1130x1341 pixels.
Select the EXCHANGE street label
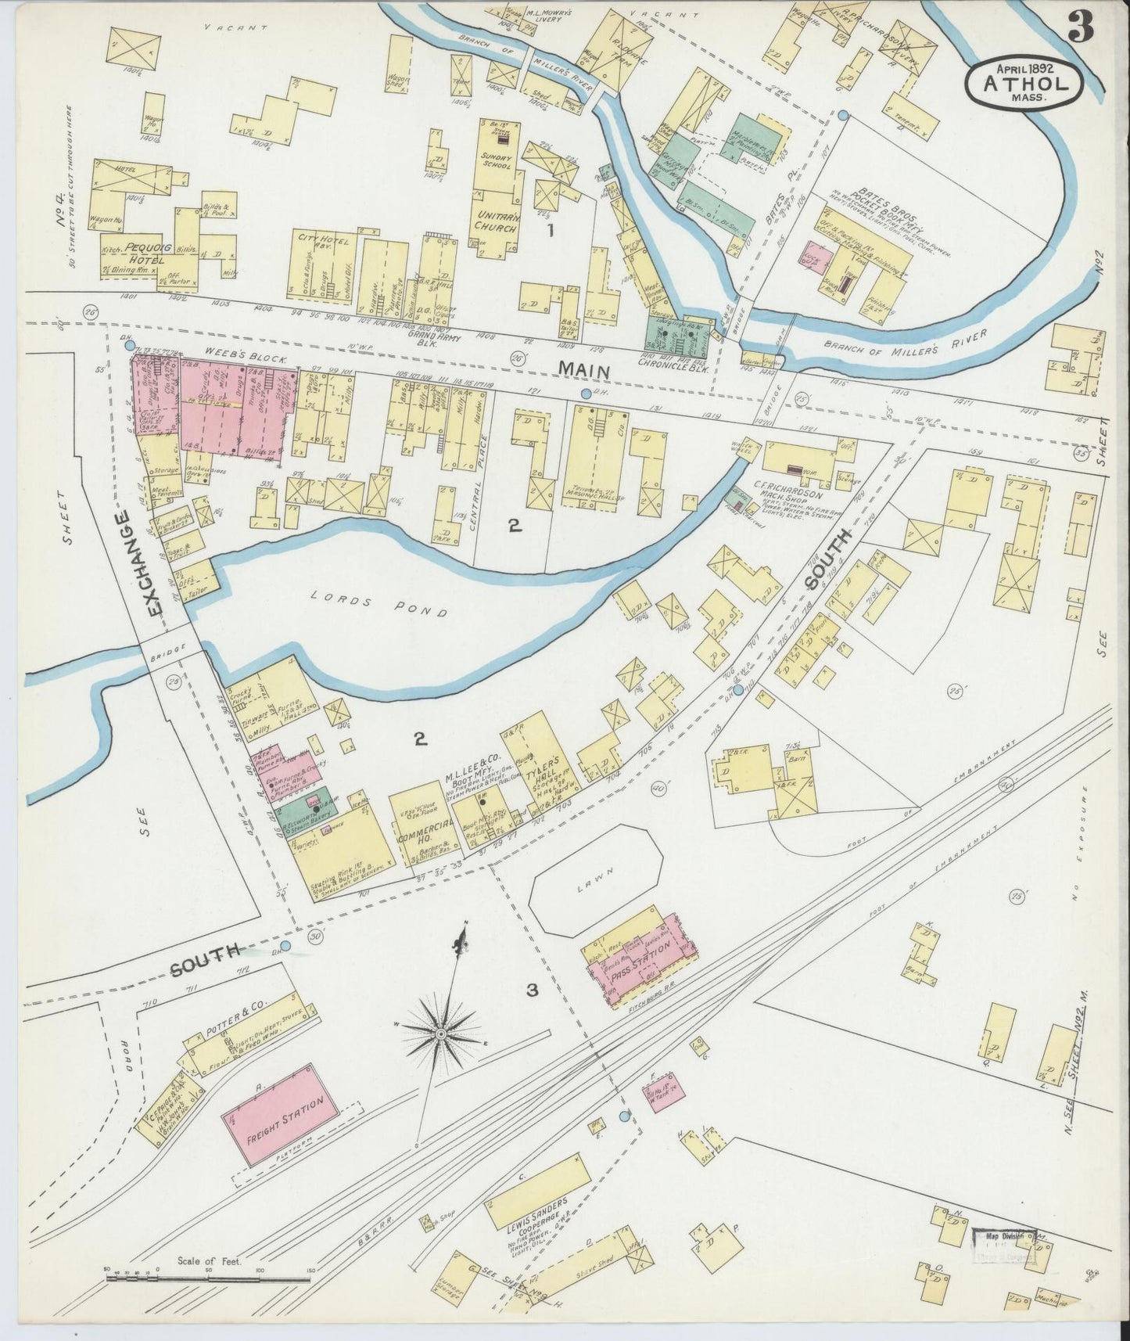[142, 564]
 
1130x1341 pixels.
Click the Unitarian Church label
[496, 221]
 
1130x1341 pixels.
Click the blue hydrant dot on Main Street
[587, 392]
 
